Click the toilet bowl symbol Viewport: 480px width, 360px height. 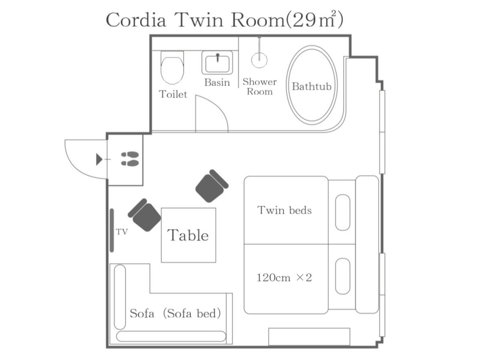pyautogui.click(x=172, y=67)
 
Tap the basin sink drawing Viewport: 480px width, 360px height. pyautogui.click(x=217, y=62)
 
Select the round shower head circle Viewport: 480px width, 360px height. pyautogui.click(x=259, y=60)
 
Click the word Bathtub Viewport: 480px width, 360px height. pyautogui.click(x=312, y=86)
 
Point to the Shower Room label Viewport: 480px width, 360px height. pyautogui.click(x=260, y=86)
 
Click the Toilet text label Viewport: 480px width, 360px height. pyautogui.click(x=173, y=94)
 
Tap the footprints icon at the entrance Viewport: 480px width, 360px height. pyautogui.click(x=130, y=159)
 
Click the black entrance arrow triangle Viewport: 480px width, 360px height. pyautogui.click(x=99, y=159)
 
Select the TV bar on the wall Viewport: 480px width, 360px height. pyautogui.click(x=112, y=230)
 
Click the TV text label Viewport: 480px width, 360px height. pyautogui.click(x=122, y=232)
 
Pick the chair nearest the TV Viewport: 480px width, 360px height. pyautogui.click(x=144, y=215)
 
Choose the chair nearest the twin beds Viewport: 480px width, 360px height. pyautogui.click(x=212, y=186)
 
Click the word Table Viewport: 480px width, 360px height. pyautogui.click(x=188, y=236)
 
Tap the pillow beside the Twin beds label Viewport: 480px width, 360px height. pyautogui.click(x=343, y=212)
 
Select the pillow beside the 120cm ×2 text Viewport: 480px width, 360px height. pyautogui.click(x=343, y=276)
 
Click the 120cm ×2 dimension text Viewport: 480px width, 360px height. pyautogui.click(x=284, y=278)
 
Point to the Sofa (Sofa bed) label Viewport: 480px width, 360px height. pyautogui.click(x=175, y=314)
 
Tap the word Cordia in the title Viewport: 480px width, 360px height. pyautogui.click(x=136, y=20)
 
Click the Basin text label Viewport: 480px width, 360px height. pyautogui.click(x=217, y=83)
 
